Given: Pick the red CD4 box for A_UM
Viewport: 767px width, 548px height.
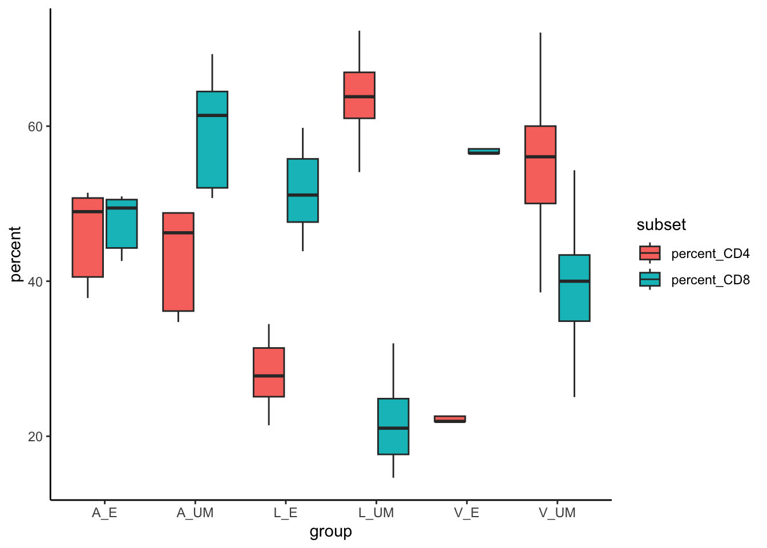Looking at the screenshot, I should pyautogui.click(x=178, y=262).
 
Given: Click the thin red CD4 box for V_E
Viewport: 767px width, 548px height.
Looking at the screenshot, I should pyautogui.click(x=450, y=419).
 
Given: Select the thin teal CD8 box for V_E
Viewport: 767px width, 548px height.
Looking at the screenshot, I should pyautogui.click(x=483, y=151).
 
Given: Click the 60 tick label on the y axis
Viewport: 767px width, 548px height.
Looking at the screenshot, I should pyautogui.click(x=35, y=127).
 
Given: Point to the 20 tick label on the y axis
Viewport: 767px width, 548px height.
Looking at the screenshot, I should pyautogui.click(x=35, y=437).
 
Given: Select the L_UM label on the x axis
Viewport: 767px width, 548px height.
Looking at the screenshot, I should pyautogui.click(x=376, y=513).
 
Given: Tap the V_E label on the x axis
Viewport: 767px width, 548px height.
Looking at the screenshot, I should pyautogui.click(x=467, y=513).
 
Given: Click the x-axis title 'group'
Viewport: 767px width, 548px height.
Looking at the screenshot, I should pyautogui.click(x=330, y=532).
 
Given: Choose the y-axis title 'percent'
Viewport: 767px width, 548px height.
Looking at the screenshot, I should pyautogui.click(x=15, y=253).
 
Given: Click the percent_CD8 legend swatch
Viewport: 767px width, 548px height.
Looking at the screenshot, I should pyautogui.click(x=650, y=280).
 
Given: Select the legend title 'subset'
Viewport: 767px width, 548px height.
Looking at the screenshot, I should pyautogui.click(x=661, y=225).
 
